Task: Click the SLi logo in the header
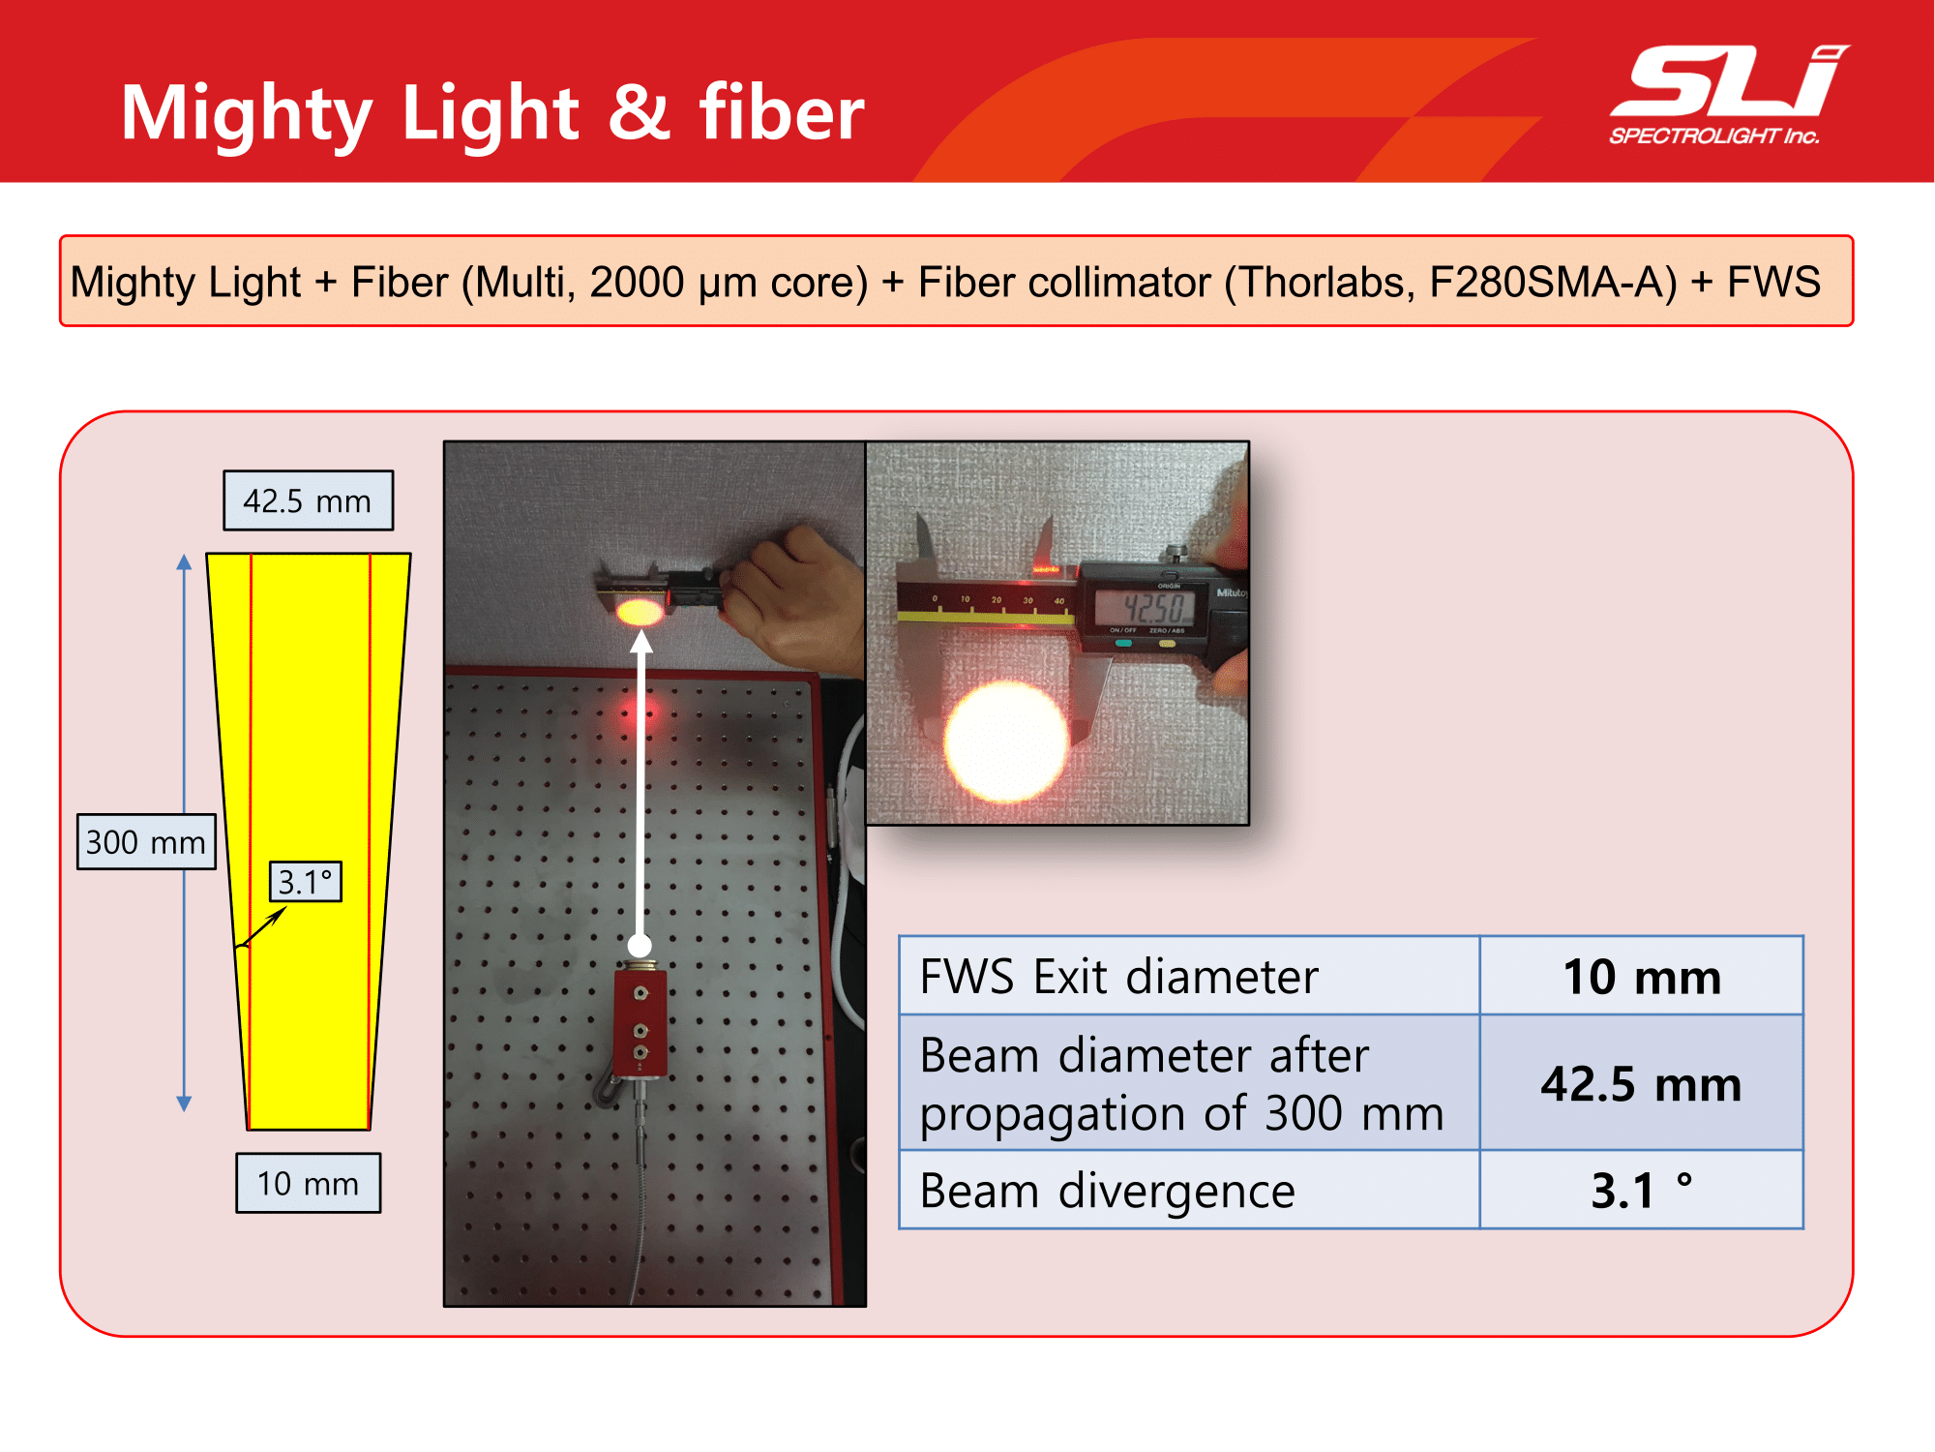(1729, 94)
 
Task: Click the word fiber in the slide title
(782, 112)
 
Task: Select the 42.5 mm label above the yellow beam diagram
(308, 500)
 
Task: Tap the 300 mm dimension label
(146, 842)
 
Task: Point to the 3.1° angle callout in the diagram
(305, 882)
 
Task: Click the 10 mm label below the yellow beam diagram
(308, 1183)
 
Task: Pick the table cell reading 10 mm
(1642, 976)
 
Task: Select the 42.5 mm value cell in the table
(1642, 1083)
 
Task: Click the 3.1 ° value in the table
(1642, 1191)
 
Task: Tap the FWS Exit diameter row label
(1118, 976)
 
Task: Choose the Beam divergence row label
(1107, 1191)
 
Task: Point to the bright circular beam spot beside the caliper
(1006, 741)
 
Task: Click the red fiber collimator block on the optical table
(640, 1022)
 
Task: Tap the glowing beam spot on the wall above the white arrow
(639, 612)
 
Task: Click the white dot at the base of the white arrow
(640, 945)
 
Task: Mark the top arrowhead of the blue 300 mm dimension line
(184, 561)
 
